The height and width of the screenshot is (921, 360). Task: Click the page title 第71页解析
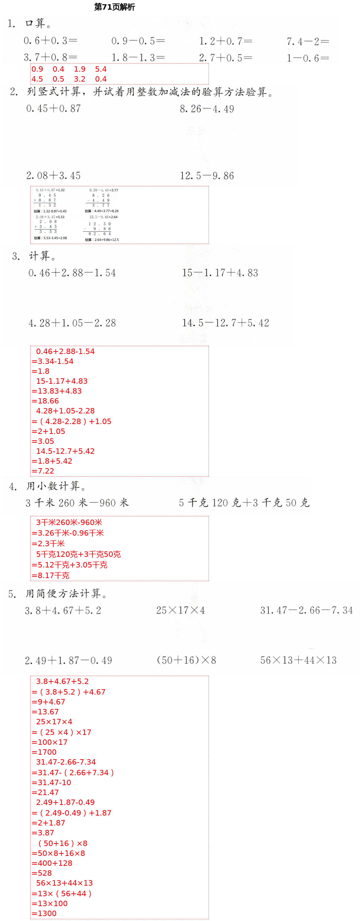click(114, 7)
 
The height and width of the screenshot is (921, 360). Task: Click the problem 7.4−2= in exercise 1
click(307, 42)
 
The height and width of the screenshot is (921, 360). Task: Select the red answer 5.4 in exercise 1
click(101, 69)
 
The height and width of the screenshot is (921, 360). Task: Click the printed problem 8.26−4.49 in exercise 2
click(207, 109)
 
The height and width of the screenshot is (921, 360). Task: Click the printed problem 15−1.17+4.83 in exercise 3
click(220, 273)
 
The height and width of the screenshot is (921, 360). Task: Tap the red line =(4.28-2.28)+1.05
click(71, 421)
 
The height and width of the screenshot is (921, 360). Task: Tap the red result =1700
click(44, 752)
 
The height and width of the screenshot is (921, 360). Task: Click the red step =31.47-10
click(51, 783)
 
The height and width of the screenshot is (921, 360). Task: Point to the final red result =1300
click(44, 913)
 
